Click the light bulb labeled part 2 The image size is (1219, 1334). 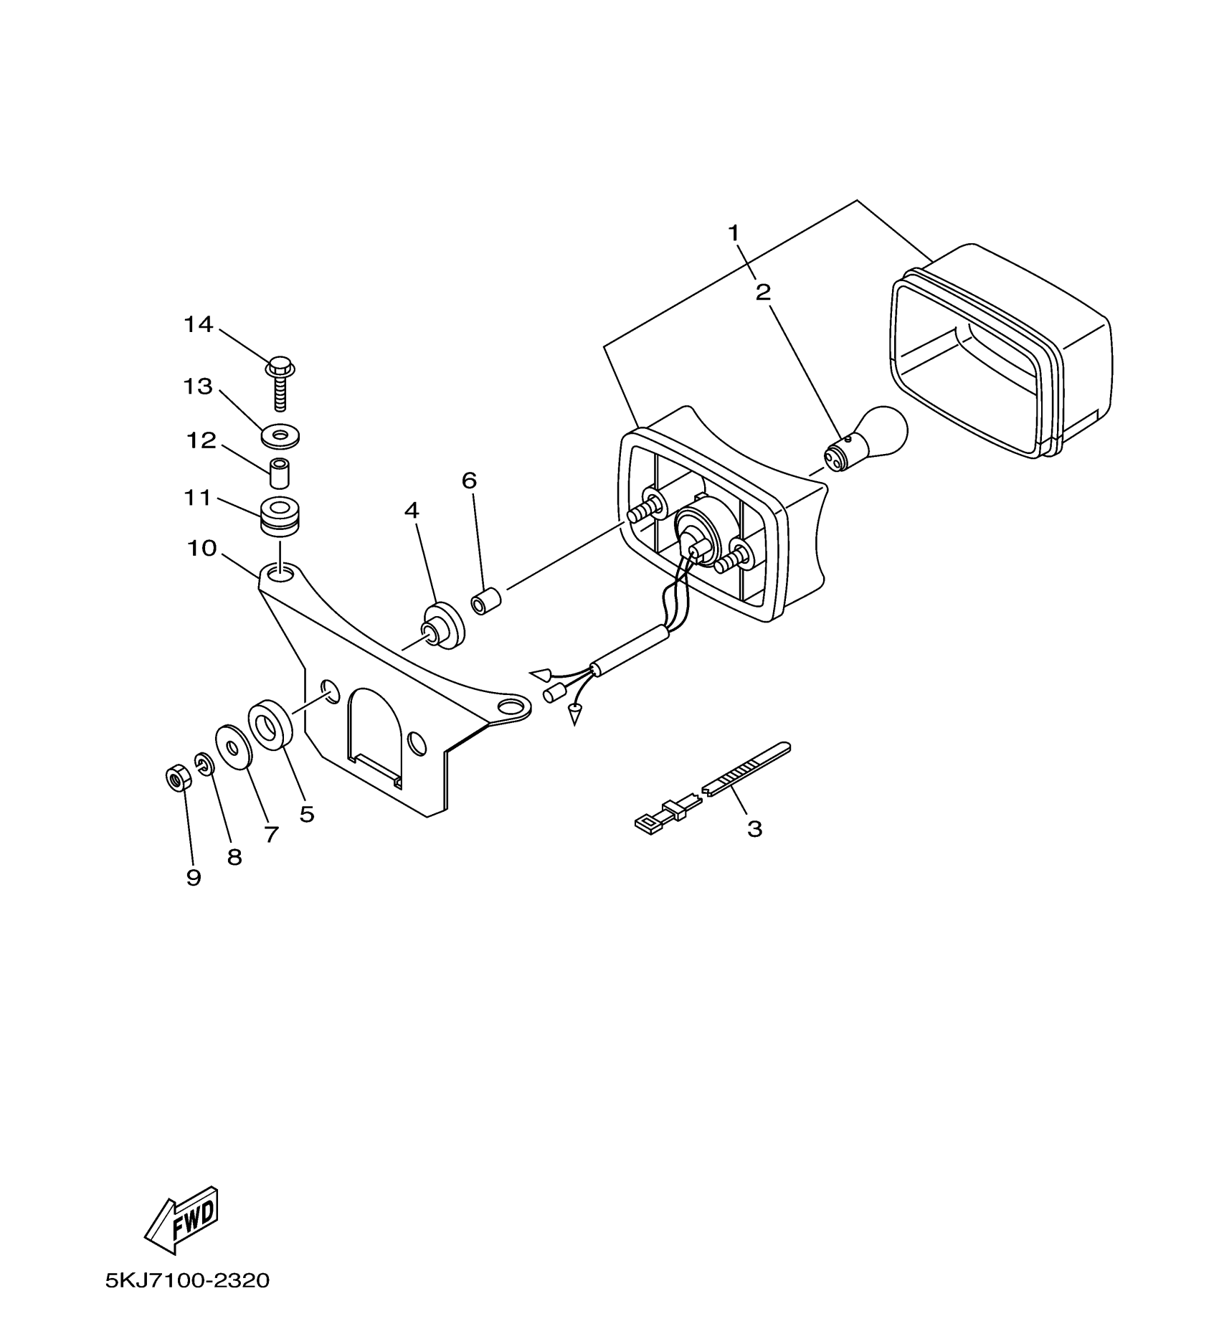coord(871,439)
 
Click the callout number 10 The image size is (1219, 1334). coord(201,549)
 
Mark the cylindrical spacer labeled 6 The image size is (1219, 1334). coord(485,601)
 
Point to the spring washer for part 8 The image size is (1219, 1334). coord(204,765)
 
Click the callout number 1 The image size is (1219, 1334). coord(734,232)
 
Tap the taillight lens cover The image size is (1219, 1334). coord(1004,351)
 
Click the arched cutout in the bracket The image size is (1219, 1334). coord(373,728)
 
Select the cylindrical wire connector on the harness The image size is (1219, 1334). coord(553,694)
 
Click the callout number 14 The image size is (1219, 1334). coord(198,325)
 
